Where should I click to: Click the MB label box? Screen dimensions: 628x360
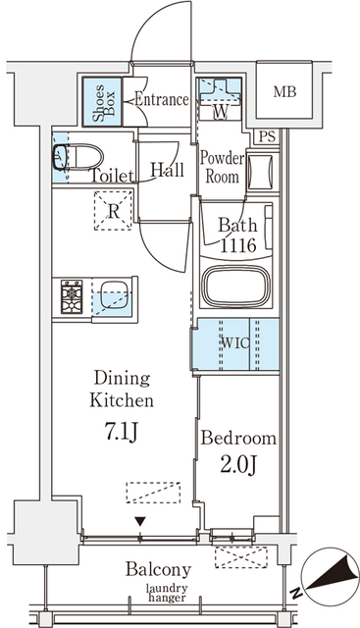coord(283,92)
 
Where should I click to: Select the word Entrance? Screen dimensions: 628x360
coord(161,99)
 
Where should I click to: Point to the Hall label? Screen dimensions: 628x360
coord(167,169)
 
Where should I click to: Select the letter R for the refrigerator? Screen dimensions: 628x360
coord(114,209)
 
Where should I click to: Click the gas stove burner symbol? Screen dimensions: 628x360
coord(73,295)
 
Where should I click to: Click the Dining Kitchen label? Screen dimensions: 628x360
coord(122,389)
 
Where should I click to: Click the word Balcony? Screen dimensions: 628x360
coord(158,569)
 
